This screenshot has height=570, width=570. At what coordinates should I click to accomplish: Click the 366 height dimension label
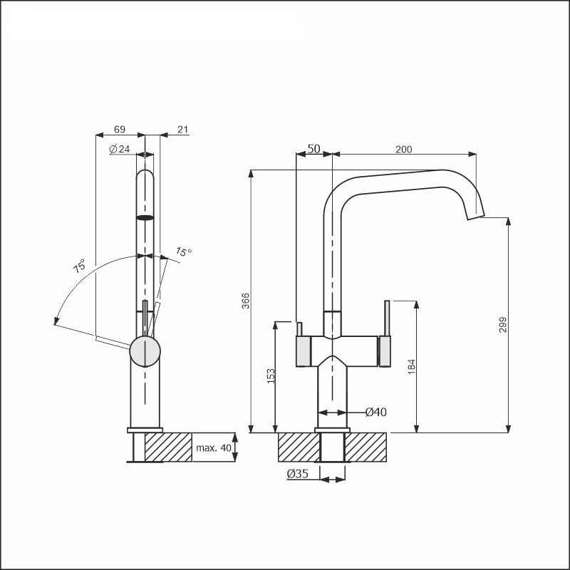click(246, 301)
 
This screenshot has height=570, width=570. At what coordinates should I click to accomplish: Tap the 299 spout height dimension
click(502, 325)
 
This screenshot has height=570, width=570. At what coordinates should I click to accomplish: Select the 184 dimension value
click(411, 366)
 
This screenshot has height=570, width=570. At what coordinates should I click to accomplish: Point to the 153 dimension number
click(271, 376)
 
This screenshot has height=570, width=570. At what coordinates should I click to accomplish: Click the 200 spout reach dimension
click(403, 149)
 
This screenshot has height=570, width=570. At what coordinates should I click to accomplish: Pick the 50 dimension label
click(314, 149)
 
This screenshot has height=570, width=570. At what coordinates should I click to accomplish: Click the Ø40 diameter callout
click(376, 412)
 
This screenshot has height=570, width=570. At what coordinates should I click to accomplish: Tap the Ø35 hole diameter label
click(297, 474)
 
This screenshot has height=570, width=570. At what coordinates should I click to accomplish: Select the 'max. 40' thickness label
click(213, 447)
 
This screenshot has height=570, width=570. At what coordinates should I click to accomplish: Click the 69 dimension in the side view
click(120, 129)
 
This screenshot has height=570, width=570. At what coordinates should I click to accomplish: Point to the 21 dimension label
click(183, 129)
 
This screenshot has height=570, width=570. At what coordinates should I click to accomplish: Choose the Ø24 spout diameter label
click(119, 149)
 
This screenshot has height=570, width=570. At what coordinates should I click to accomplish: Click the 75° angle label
click(80, 266)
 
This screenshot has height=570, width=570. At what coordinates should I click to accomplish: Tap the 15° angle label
click(184, 252)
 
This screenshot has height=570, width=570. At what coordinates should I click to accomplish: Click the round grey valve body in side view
click(145, 351)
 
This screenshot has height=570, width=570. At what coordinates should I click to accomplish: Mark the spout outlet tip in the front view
click(476, 217)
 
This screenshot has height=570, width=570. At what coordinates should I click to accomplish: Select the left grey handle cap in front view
click(304, 351)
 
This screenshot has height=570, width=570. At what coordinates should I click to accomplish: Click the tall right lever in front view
click(387, 318)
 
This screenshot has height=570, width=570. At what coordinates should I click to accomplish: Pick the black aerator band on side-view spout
click(145, 218)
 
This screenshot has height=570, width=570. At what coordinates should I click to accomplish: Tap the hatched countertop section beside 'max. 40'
click(168, 447)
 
